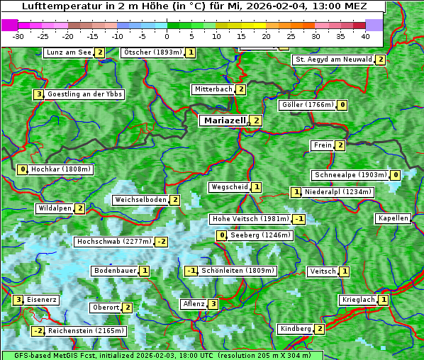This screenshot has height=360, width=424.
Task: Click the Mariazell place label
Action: [224, 120]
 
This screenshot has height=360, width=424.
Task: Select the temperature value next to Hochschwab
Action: [162, 242]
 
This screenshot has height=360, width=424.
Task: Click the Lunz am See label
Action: [69, 52]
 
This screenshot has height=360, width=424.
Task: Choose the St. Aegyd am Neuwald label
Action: [333, 60]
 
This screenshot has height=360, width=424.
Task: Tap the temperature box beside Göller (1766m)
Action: [342, 105]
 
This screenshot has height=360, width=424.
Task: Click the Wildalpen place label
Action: [55, 208]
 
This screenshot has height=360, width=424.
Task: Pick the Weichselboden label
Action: [140, 200]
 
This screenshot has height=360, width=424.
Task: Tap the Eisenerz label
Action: [42, 300]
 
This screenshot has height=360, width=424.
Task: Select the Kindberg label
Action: [296, 329]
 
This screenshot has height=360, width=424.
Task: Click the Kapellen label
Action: [394, 218]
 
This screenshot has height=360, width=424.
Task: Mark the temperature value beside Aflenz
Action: [213, 304]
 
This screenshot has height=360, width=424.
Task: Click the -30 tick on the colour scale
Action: [18, 36]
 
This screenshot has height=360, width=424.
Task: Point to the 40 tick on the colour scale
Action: [365, 36]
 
